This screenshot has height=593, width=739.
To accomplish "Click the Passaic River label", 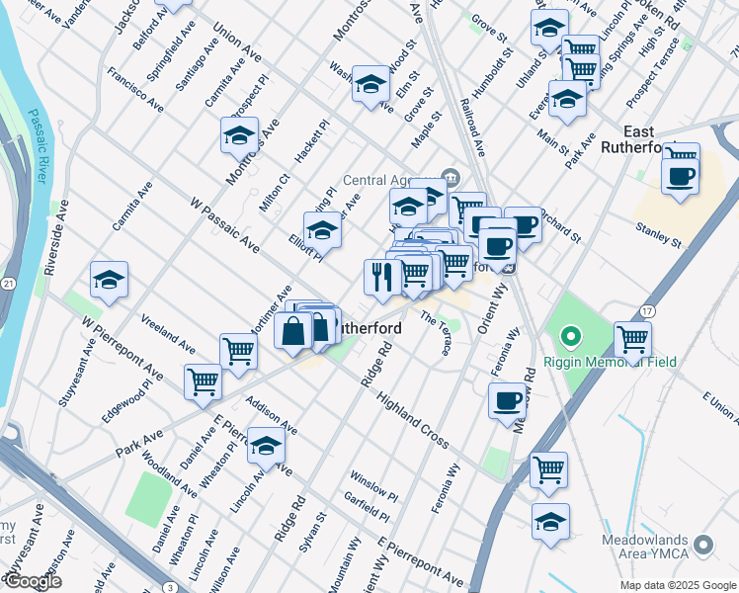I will tap(38, 146).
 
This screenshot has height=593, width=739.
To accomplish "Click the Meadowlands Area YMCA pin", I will tap(703, 545).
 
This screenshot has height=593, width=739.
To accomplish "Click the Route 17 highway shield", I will tap(647, 312).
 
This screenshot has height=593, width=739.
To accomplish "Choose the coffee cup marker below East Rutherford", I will tap(680, 177).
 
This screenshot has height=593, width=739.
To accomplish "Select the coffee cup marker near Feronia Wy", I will tap(507, 401).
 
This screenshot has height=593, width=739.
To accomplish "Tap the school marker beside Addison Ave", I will tap(266, 447).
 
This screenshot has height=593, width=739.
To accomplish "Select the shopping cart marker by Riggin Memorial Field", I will tap(632, 339).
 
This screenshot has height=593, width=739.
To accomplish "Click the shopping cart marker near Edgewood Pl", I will tap(203, 381).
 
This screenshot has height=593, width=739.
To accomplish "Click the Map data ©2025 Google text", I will tap(677, 585).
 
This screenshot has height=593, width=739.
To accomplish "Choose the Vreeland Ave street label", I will tap(168, 334).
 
